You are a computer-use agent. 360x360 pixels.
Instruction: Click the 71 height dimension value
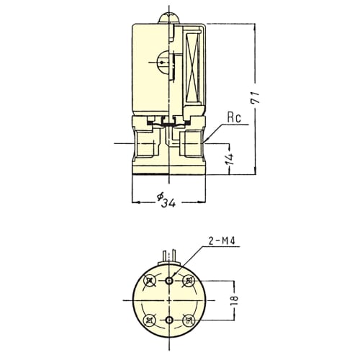pos(256,97)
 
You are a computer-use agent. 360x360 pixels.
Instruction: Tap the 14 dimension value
pos(230,159)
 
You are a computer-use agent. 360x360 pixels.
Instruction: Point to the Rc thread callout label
pos(234,117)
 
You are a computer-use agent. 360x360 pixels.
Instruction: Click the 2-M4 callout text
pos(222,241)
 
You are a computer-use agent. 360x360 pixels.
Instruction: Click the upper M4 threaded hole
pos(170,280)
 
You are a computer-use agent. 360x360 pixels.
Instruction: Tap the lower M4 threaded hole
pos(170,320)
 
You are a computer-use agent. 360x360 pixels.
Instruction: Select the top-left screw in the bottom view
pos(150,280)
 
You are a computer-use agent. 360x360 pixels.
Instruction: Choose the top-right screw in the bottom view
pos(189,280)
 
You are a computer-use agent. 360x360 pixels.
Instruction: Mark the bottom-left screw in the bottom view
pos(150,320)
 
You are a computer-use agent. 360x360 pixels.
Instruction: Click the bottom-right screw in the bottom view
pos(189,320)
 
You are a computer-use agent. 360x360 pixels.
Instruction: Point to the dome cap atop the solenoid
pos(169,17)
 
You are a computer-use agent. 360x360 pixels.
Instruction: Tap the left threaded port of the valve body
pos(145,143)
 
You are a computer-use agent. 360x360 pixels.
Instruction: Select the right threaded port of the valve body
pos(192,143)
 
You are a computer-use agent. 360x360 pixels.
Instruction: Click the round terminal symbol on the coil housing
pos(162,62)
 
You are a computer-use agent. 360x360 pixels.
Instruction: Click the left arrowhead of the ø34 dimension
pos(136,202)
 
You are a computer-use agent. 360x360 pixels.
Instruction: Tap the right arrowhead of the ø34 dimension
pos(202,202)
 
